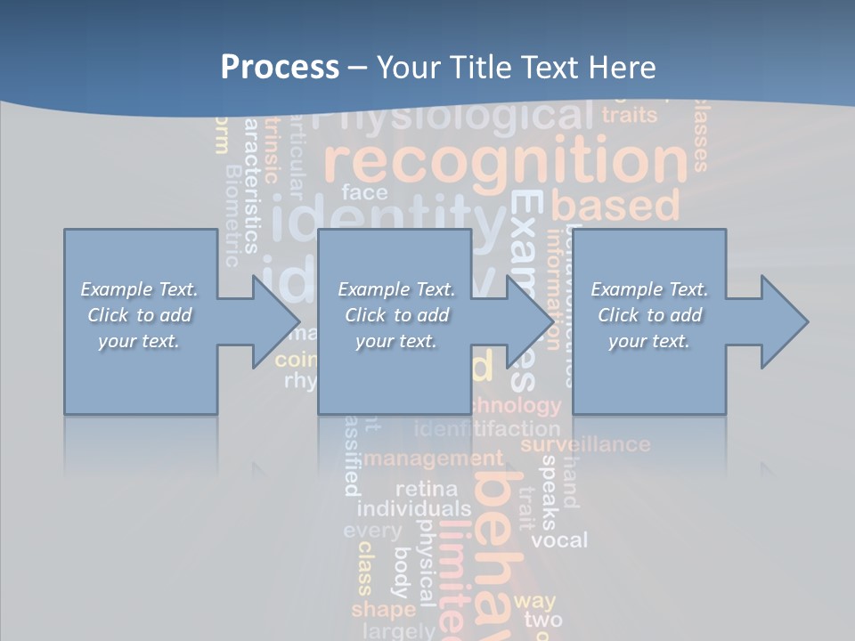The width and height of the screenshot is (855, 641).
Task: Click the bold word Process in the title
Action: (x=280, y=67)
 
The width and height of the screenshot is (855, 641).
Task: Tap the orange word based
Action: (x=615, y=206)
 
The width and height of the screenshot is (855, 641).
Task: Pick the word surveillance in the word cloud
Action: (x=585, y=443)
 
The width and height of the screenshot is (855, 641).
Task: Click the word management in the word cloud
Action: (x=434, y=459)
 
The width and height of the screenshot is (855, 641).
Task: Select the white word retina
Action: (x=426, y=489)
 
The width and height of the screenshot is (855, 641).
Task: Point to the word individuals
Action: (x=413, y=509)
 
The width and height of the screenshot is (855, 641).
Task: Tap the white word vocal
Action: (x=559, y=540)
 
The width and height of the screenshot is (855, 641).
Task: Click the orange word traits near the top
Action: (x=629, y=115)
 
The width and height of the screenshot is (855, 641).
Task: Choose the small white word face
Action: (x=364, y=192)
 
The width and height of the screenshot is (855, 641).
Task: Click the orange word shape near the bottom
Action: (x=383, y=610)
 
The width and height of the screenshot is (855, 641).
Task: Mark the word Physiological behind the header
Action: (x=454, y=116)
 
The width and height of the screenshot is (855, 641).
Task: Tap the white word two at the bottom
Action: (x=542, y=620)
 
